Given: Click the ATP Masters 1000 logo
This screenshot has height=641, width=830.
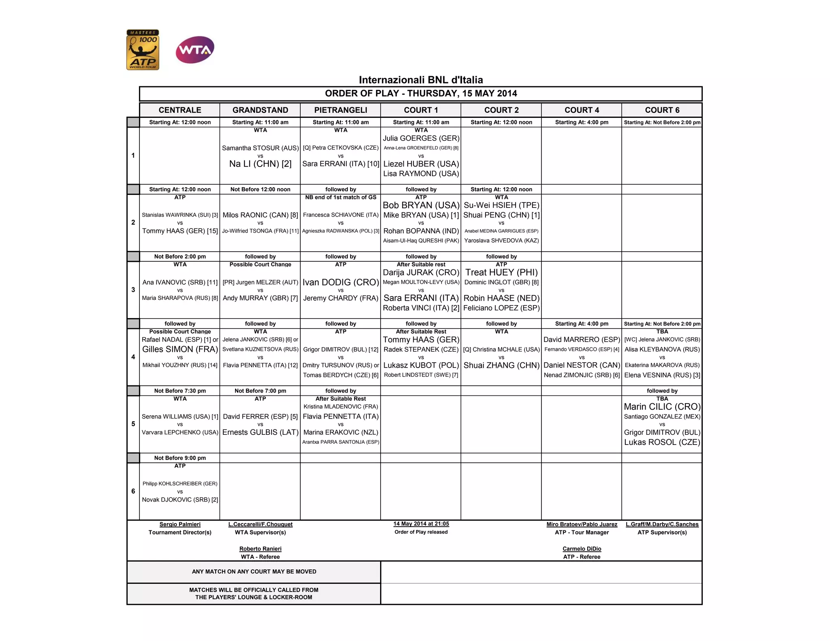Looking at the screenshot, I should click(x=143, y=50).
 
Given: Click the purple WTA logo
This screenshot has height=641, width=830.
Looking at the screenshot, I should click(x=195, y=50).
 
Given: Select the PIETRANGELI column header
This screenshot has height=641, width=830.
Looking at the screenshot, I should click(x=340, y=110).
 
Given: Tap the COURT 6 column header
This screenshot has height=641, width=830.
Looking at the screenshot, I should click(x=662, y=110).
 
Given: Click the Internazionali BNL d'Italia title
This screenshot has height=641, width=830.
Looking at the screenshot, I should click(x=421, y=80).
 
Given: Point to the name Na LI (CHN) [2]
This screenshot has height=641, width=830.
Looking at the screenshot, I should click(x=260, y=164).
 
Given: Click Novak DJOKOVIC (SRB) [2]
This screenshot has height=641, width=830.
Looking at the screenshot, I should click(x=180, y=500).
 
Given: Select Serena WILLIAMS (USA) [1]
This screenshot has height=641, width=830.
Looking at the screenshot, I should click(x=180, y=417).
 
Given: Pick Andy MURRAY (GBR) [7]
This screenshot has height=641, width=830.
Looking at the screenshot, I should click(x=260, y=298).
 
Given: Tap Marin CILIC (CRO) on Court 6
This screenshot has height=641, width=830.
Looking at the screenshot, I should click(x=662, y=407).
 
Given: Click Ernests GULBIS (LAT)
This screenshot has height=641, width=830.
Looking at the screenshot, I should click(x=260, y=432).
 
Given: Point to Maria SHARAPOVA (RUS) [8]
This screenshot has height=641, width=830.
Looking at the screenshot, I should click(x=180, y=298).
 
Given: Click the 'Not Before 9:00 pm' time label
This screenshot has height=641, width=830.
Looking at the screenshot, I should click(x=180, y=458).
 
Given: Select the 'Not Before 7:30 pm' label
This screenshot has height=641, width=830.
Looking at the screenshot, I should click(x=180, y=391).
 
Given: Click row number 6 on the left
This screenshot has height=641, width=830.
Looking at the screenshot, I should click(x=133, y=491).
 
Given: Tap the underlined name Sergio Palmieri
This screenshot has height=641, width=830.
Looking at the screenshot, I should click(x=180, y=524).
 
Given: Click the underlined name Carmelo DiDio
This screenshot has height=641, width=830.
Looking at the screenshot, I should click(x=582, y=549).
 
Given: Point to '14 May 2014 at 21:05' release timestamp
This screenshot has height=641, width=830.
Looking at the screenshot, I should click(x=421, y=524).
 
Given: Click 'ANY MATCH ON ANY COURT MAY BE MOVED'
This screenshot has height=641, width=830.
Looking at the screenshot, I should click(x=254, y=571).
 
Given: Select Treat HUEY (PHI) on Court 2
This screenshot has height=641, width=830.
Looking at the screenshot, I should click(x=501, y=272).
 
